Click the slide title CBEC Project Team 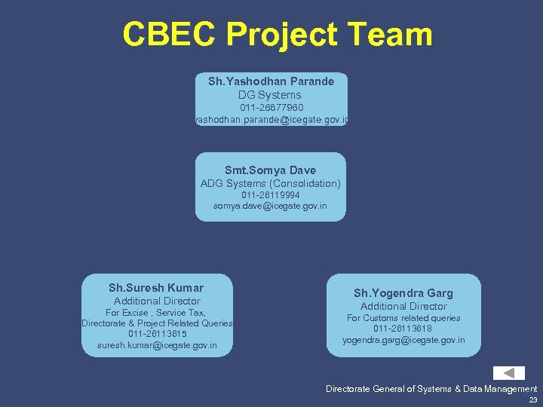[278, 35]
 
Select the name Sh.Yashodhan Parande [271, 81]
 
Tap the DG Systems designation [270, 95]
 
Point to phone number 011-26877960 [271, 108]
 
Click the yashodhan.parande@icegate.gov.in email [271, 120]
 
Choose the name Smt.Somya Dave [271, 170]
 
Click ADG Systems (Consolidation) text [271, 183]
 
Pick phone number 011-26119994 [271, 194]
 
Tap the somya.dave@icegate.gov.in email [271, 206]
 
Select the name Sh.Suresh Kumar [156, 287]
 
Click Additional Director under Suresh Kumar [157, 301]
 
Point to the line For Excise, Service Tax [156, 312]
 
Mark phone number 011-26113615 [157, 334]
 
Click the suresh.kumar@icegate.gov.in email [157, 345]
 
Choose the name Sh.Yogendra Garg [403, 292]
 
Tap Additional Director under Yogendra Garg [403, 306]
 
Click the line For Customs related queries [403, 318]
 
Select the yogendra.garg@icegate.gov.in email [403, 340]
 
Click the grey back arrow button [509, 373]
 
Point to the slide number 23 [533, 400]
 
